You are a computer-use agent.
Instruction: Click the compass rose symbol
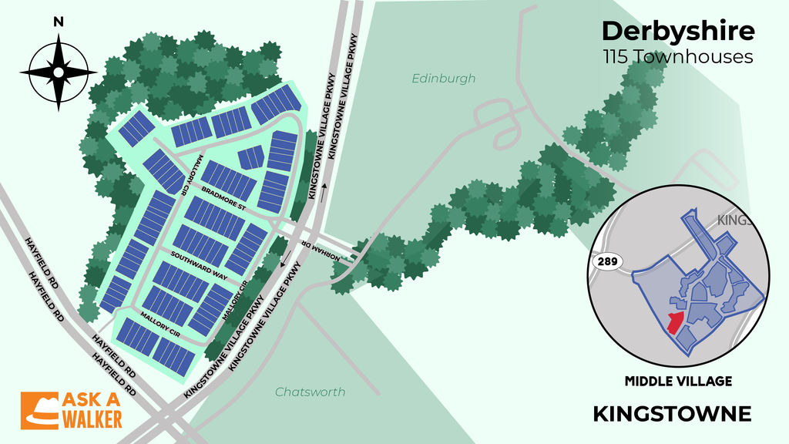click(x=58, y=72)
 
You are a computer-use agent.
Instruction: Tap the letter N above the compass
click(x=58, y=22)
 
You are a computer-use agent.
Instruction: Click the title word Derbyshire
click(x=678, y=32)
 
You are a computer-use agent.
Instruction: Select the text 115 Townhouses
click(x=678, y=57)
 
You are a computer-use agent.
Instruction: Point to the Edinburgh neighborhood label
click(x=443, y=79)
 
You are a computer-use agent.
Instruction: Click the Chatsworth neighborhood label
click(x=311, y=392)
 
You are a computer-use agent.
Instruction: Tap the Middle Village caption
click(x=678, y=381)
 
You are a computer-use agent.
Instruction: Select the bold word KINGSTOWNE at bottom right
click(x=672, y=414)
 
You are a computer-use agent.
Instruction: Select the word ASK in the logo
click(x=79, y=402)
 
